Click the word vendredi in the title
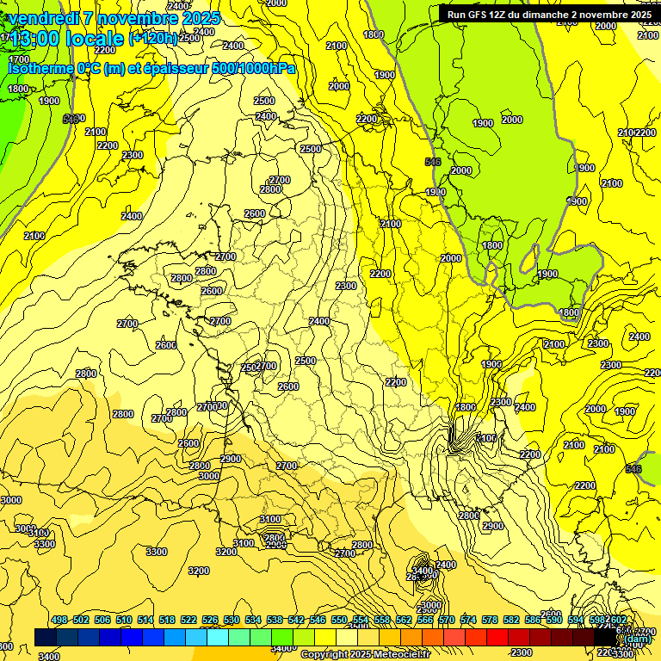tap(42, 18)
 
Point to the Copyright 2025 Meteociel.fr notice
tap(364, 654)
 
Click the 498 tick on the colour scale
tap(59, 621)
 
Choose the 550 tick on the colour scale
tap(339, 621)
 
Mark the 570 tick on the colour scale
tap(447, 621)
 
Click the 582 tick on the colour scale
tap(511, 621)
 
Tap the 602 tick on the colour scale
tap(617, 621)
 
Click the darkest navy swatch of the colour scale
tap(46, 636)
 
